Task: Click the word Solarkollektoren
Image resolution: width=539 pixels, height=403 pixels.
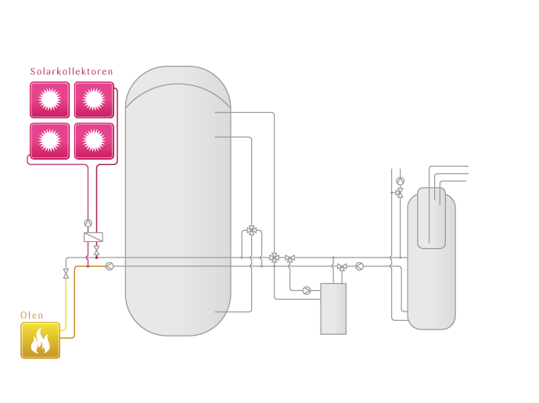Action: (71, 71)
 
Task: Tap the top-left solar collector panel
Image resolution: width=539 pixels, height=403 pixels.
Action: (50, 99)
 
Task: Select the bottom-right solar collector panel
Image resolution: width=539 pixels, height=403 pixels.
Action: (94, 141)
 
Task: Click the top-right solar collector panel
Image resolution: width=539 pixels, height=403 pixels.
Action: (94, 99)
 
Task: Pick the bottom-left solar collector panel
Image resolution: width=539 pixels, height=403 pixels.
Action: (50, 141)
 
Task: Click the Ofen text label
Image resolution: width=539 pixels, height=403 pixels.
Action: (31, 315)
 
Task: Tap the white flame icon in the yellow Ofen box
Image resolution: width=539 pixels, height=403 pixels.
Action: (40, 340)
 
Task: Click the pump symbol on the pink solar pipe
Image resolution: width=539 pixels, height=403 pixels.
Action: (88, 223)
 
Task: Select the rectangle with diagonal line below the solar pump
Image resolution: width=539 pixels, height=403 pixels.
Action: (94, 237)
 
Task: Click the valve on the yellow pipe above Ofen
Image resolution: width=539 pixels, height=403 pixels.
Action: (66, 273)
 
